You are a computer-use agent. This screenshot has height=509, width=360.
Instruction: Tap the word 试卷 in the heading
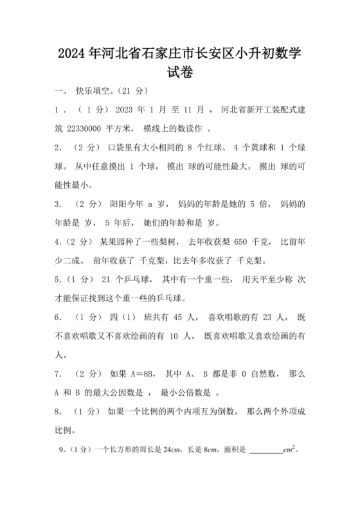tap(179, 75)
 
